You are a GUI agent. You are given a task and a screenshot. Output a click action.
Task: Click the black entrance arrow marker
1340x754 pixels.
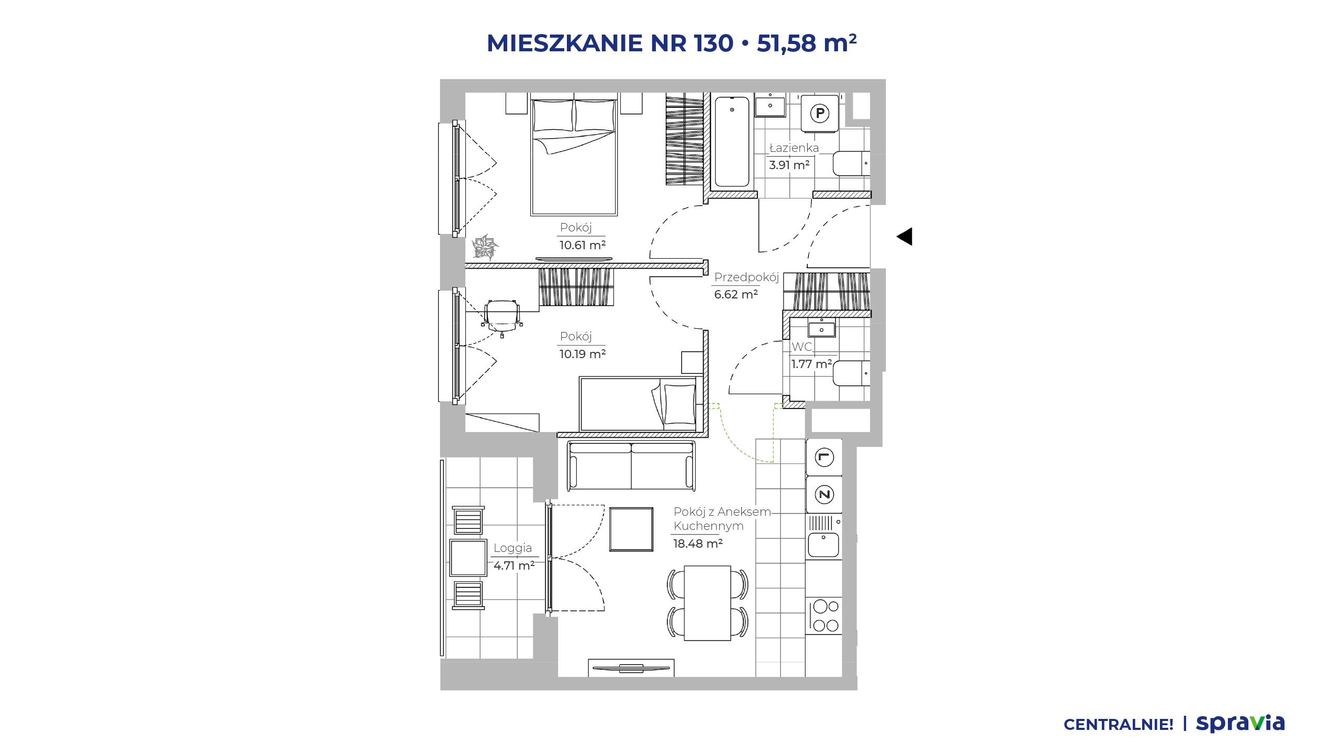[904, 237]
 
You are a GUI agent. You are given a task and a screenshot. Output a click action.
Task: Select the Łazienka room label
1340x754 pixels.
[794, 148]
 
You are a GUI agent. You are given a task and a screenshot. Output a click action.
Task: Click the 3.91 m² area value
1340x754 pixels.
[789, 165]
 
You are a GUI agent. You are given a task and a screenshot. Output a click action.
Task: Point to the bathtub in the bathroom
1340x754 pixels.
[732, 141]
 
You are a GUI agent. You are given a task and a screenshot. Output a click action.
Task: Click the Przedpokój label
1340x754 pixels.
[746, 277]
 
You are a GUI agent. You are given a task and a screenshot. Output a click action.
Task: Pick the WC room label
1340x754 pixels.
[801, 347]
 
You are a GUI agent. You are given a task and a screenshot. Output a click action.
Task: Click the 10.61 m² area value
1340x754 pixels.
[583, 245]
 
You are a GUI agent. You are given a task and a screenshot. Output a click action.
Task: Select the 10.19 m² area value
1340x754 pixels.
[583, 354]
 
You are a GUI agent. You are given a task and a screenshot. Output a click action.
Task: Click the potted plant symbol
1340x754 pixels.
[485, 247]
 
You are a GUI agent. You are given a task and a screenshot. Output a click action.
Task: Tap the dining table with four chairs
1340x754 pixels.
[708, 603]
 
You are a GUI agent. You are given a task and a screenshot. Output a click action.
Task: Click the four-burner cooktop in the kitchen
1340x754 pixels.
[824, 616]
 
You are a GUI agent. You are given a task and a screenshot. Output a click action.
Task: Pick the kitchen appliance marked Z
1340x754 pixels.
[824, 494]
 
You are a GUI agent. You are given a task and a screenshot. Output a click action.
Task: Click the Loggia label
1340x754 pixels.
[512, 548]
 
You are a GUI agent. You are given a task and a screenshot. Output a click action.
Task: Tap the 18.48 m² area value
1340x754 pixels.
[698, 544]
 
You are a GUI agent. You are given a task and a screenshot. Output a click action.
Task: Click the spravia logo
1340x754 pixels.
[1240, 724]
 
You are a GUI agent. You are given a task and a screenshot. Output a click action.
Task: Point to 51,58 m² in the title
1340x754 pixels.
[807, 43]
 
